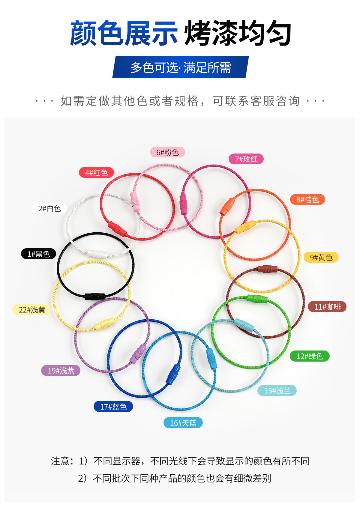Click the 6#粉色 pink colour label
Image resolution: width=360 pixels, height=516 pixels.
(x=167, y=152)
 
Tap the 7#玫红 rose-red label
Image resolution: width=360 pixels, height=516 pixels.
(x=246, y=159)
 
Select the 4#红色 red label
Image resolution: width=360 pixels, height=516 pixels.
(x=96, y=173)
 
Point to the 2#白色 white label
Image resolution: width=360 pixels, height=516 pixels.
(x=49, y=208)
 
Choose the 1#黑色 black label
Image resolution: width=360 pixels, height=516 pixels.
(x=38, y=254)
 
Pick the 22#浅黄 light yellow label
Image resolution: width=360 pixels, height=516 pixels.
(x=32, y=310)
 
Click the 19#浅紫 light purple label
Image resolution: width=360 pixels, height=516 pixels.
(x=61, y=371)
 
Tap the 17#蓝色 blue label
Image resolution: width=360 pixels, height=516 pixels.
(x=113, y=407)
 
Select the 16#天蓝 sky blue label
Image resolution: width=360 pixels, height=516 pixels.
(x=183, y=423)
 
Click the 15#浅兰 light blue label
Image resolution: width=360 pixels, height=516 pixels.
(x=277, y=391)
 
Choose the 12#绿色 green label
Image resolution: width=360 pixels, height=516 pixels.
(x=310, y=356)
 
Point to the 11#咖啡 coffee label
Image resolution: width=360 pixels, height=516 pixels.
(x=327, y=307)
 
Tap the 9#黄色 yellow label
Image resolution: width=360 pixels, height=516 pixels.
(x=321, y=257)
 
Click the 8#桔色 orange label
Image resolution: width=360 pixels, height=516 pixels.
(x=307, y=200)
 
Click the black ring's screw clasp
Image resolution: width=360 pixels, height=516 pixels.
(x=95, y=296)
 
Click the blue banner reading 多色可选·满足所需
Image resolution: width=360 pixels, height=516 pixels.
(x=180, y=67)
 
